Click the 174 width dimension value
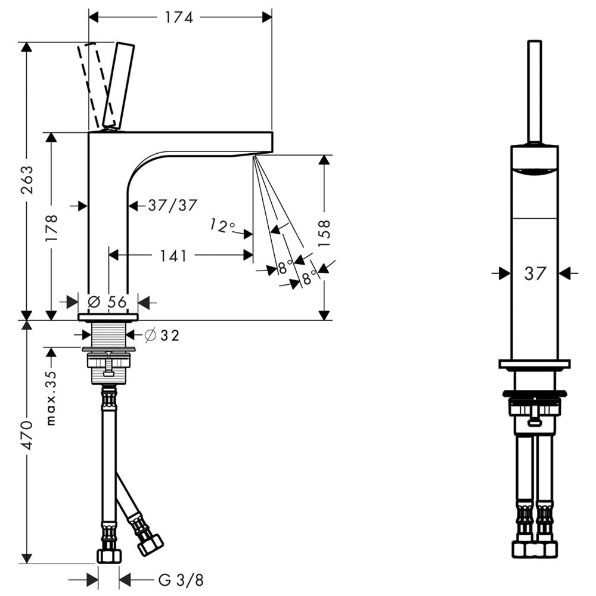[x=179, y=17]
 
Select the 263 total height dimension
[x=27, y=180]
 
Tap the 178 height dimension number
[x=51, y=228]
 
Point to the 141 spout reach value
[x=173, y=256]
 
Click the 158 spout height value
[x=324, y=234]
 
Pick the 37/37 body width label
[x=173, y=206]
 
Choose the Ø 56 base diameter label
[x=107, y=302]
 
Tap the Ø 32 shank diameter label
[x=162, y=335]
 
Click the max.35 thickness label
[x=51, y=398]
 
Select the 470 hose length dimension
[x=27, y=436]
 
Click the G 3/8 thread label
[x=181, y=581]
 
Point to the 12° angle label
[x=222, y=226]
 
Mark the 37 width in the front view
[x=535, y=274]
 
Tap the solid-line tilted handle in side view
[x=119, y=85]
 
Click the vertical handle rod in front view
[x=535, y=92]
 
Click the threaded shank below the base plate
[x=108, y=334]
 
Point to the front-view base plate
[x=535, y=364]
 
